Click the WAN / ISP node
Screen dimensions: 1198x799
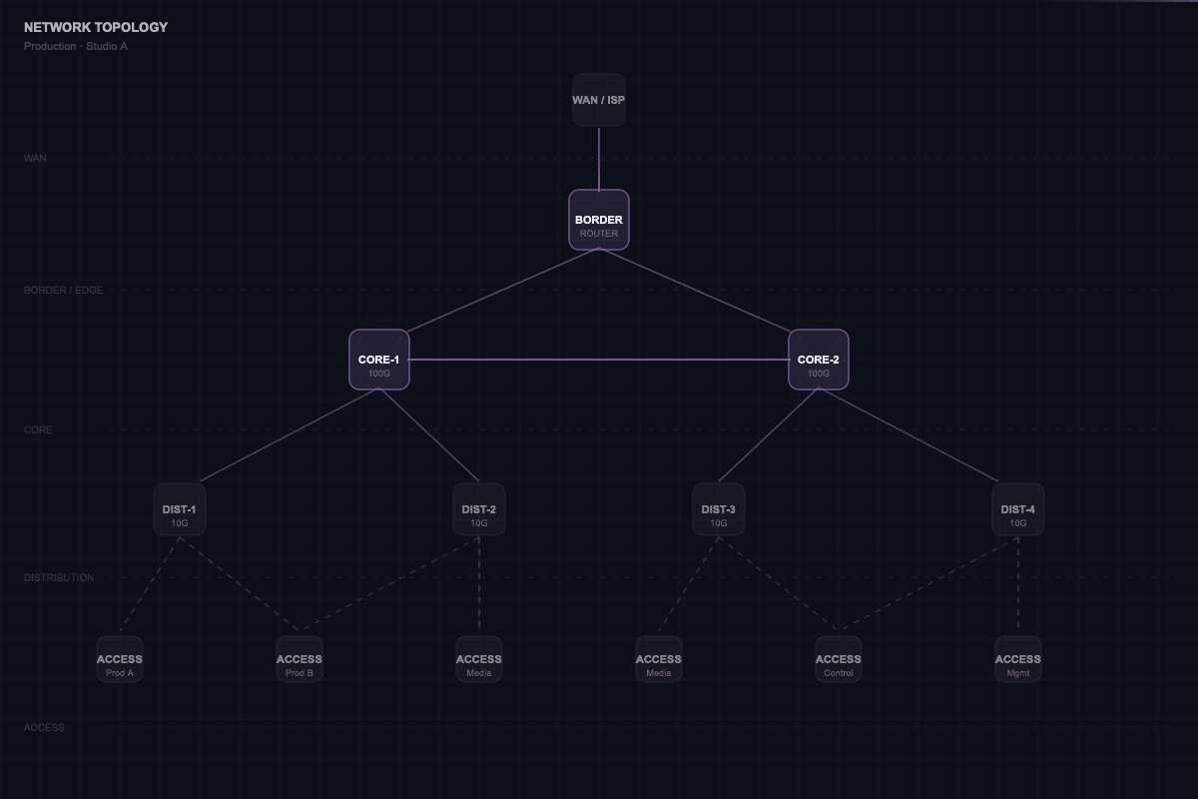coord(599,100)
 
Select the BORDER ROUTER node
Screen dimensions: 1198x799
coord(599,220)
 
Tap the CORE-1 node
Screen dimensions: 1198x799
coord(379,360)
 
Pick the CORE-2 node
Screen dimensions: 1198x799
coord(819,360)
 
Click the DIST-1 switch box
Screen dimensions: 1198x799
coord(180,509)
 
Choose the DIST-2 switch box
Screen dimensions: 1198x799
coord(479,509)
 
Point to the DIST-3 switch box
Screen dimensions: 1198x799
coord(719,509)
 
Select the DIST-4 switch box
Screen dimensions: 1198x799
coord(1018,509)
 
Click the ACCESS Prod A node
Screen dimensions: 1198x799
coord(120,659)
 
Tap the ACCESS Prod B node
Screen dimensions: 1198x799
coord(299,659)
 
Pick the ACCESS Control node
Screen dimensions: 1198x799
coord(839,659)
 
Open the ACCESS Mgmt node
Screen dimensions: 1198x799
coord(1018,659)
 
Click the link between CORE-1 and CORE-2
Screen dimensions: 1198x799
coord(599,360)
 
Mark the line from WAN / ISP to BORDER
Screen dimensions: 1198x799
coord(599,158)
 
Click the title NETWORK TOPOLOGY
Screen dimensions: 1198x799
coord(96,27)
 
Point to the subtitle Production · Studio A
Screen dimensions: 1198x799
coord(76,46)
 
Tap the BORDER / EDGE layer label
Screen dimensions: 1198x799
coord(63,290)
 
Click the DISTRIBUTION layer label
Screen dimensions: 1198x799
coord(59,577)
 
